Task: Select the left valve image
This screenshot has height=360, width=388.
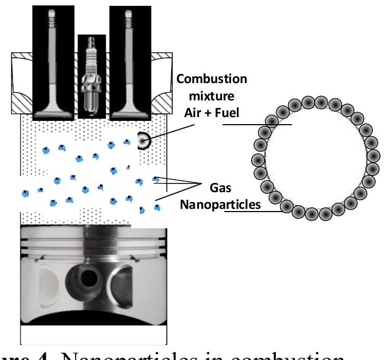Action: (x=52, y=59)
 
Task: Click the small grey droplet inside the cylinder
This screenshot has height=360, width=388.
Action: (x=144, y=140)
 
